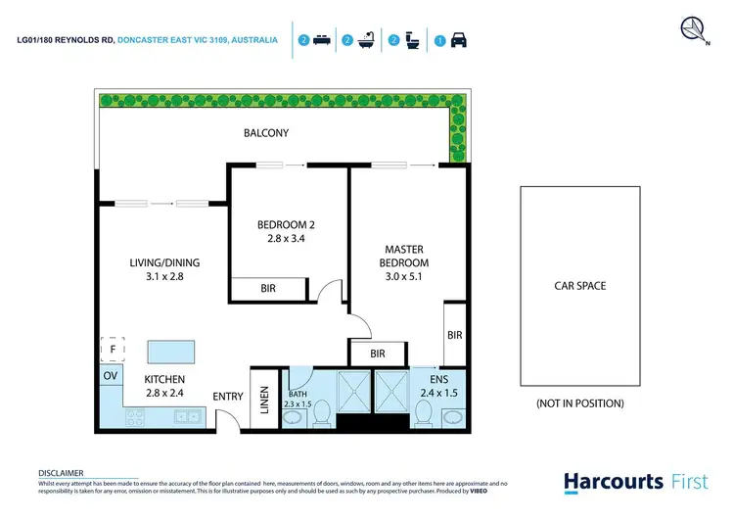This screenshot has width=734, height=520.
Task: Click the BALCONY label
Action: (266, 133)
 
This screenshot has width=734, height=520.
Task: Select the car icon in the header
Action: (457, 41)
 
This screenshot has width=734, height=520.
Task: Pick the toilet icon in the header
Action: (412, 41)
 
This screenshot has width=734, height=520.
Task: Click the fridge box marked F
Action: (113, 348)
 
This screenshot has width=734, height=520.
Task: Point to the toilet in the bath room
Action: (321, 416)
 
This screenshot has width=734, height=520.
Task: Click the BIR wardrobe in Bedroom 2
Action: (267, 290)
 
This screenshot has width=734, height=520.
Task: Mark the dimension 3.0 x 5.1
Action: (406, 277)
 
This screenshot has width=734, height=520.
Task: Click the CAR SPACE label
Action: (579, 286)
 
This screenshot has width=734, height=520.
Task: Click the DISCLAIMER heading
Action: (61, 472)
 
